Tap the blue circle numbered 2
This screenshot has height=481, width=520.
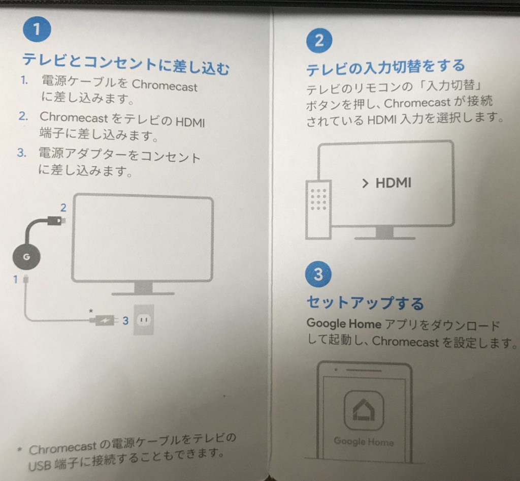pos(319,41)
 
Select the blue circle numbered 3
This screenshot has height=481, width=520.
pos(318,274)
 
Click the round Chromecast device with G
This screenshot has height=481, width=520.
pos(26,257)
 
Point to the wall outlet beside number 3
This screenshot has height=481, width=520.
pos(144,320)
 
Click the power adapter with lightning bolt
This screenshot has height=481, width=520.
pos(103,321)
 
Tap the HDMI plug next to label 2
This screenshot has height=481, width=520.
pos(56,220)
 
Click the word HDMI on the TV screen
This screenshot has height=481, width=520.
pos(394,183)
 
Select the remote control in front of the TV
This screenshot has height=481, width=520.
pos(318,209)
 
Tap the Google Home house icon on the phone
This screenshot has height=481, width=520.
pos(364,410)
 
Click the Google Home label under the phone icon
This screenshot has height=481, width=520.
pos(364,441)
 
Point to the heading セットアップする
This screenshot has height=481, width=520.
pos(365,303)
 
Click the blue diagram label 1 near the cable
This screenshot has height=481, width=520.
pos(15,279)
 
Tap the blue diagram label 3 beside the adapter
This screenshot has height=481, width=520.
pos(125,321)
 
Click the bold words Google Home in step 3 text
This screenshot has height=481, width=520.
pos(344,323)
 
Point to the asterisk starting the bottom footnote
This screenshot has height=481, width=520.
pos(20,449)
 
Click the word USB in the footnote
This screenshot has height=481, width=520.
pos(40,466)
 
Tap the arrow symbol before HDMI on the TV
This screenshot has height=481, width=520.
pos(365,183)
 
